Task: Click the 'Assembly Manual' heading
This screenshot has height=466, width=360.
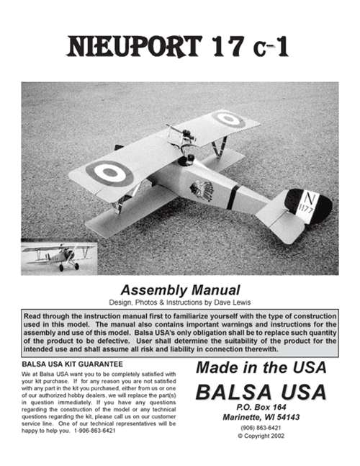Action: (x=179, y=287)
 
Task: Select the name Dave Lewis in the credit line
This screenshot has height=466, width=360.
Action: (x=236, y=300)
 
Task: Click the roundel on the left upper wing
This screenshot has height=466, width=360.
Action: (x=109, y=172)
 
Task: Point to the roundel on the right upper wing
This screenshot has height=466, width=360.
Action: (x=229, y=119)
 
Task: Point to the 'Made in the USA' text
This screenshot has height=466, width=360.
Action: (x=261, y=367)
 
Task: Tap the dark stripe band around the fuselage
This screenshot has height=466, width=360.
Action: (x=233, y=197)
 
